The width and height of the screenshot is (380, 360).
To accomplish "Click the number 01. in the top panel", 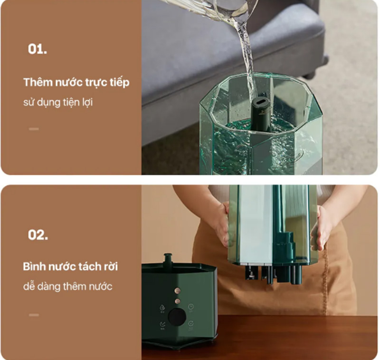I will click(38, 49).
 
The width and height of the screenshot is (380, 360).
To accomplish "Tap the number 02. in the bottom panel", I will click(38, 235).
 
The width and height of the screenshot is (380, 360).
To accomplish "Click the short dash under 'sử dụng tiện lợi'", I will click(34, 129).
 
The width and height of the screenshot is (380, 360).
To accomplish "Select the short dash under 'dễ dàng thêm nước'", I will click(34, 315).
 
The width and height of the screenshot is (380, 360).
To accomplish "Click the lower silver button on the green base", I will click(178, 301).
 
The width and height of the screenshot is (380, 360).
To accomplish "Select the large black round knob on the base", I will click(177, 316).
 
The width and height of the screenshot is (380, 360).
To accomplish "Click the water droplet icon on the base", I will click(163, 308).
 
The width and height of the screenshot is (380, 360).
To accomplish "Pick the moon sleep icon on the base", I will click(163, 325).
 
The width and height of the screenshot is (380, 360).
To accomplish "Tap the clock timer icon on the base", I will click(190, 308).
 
